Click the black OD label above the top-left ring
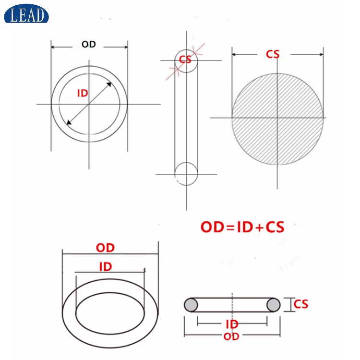click(x=89, y=45)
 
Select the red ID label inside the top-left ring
click(x=83, y=94)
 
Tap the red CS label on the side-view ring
click(x=185, y=60)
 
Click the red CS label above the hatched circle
click(x=273, y=54)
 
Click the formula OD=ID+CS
click(x=242, y=227)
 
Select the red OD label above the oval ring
click(x=105, y=248)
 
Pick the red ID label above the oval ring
click(x=105, y=266)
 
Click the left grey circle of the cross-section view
click(x=191, y=305)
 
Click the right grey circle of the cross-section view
click(x=274, y=305)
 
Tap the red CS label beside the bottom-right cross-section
click(x=301, y=304)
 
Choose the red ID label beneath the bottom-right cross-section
click(x=232, y=325)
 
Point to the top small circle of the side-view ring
click(x=185, y=60)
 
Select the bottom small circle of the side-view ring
click(x=186, y=173)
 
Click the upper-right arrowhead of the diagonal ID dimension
click(x=109, y=84)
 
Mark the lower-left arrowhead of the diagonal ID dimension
click(x=69, y=122)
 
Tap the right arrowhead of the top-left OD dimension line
click(x=125, y=47)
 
